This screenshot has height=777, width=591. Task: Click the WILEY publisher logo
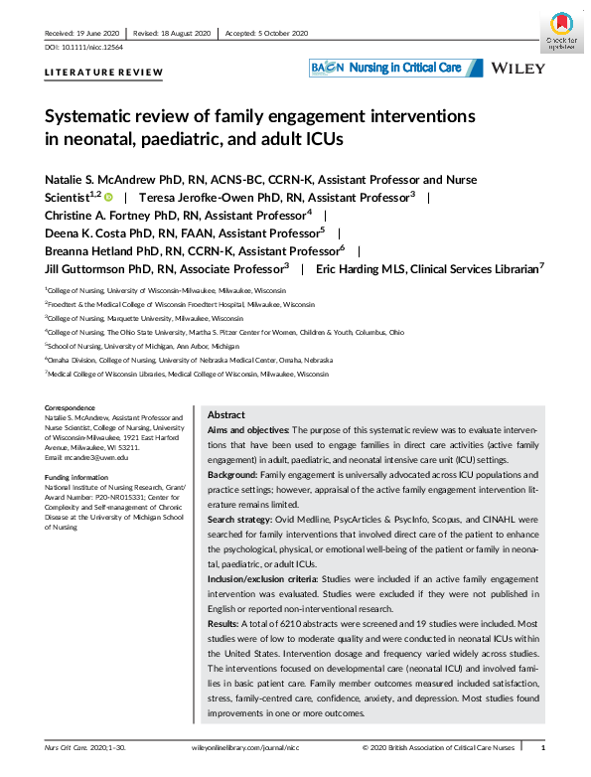tap(517, 68)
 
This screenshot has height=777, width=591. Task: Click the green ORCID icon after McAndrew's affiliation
tap(109, 197)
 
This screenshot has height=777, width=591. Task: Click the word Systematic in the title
tap(92, 116)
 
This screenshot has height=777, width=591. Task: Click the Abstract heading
tap(227, 414)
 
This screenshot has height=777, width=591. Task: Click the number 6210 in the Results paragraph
tap(287, 621)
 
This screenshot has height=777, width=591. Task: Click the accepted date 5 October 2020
tap(282, 32)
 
